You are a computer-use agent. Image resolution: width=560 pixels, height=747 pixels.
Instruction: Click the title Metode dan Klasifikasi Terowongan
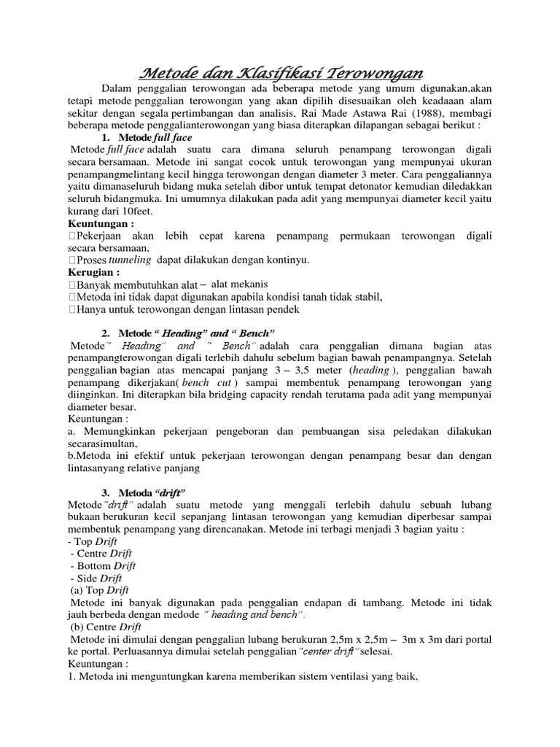281,74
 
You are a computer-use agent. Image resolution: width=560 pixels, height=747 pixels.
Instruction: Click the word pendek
281,309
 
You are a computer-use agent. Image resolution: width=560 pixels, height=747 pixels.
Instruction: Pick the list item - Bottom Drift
103,565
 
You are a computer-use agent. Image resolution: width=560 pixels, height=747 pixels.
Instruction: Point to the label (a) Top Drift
99,590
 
